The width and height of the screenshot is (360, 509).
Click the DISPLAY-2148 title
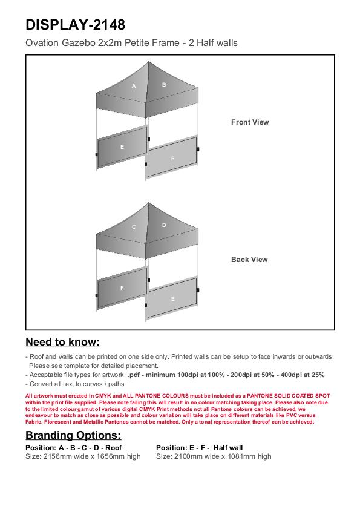tap(75, 25)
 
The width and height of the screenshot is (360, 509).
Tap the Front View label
tap(250, 122)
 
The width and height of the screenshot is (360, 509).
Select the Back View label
tap(249, 260)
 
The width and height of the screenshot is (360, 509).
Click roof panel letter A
tap(134, 86)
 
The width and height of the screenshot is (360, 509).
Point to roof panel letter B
tap(164, 84)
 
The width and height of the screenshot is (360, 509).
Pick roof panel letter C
tap(134, 227)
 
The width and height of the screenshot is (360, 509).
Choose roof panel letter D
tap(164, 225)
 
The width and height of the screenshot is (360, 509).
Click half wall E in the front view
tap(122, 147)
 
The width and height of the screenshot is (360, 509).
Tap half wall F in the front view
tap(172, 158)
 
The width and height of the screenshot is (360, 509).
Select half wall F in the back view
tap(122, 288)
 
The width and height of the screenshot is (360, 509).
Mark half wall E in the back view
tap(172, 298)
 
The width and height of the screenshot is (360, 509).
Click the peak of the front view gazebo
tap(149, 62)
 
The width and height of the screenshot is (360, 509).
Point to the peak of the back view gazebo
tap(149, 203)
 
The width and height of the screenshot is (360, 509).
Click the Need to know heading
tap(63, 342)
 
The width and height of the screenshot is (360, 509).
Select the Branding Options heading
tap(73, 435)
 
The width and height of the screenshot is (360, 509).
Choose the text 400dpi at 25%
tap(303, 375)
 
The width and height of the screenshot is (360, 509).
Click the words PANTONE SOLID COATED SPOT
tap(288, 396)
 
